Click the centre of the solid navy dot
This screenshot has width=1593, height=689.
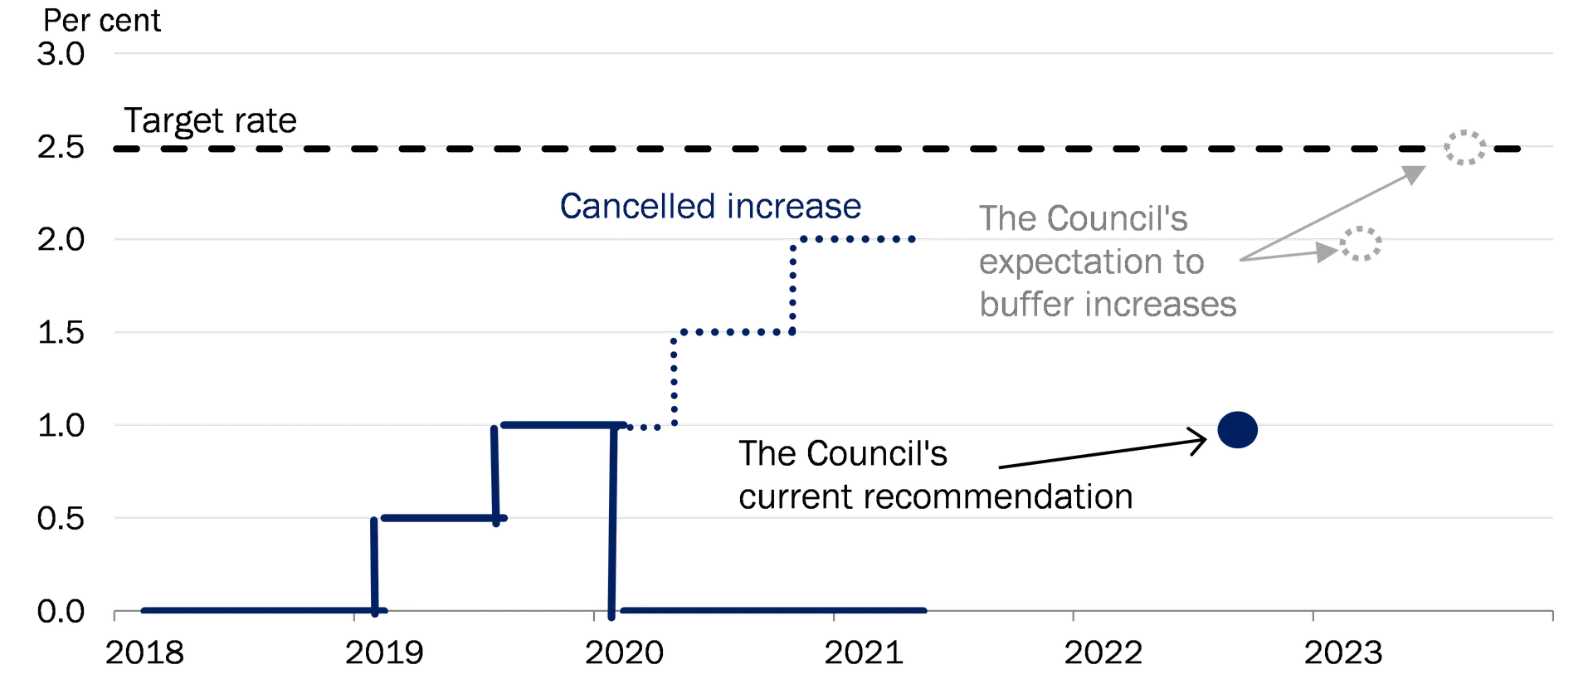[x=1237, y=430]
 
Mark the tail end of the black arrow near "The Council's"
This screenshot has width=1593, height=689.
[x=1000, y=467]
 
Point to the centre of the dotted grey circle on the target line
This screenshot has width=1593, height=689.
[x=1465, y=148]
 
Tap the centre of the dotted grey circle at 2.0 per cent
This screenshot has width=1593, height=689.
[x=1361, y=243]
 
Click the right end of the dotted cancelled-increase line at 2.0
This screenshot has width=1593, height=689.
[x=913, y=239]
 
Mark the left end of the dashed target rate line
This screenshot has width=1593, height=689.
[x=115, y=149]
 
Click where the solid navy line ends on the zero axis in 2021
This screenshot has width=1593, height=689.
[x=924, y=611]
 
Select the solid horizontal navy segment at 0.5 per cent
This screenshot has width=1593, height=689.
[x=444, y=518]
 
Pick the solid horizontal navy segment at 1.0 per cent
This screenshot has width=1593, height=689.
[x=563, y=425]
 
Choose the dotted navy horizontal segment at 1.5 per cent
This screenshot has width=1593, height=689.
[x=733, y=332]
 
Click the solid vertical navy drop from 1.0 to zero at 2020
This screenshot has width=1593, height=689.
[x=612, y=520]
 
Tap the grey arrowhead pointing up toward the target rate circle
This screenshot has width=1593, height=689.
[x=1414, y=173]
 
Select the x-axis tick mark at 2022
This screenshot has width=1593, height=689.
[x=1073, y=616]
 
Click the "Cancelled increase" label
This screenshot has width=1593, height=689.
[x=710, y=206]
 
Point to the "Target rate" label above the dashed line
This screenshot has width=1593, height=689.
[x=210, y=121]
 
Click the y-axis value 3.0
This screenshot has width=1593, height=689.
[x=61, y=54]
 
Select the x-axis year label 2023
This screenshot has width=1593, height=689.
[x=1343, y=653]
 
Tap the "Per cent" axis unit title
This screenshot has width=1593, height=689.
[x=101, y=20]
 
